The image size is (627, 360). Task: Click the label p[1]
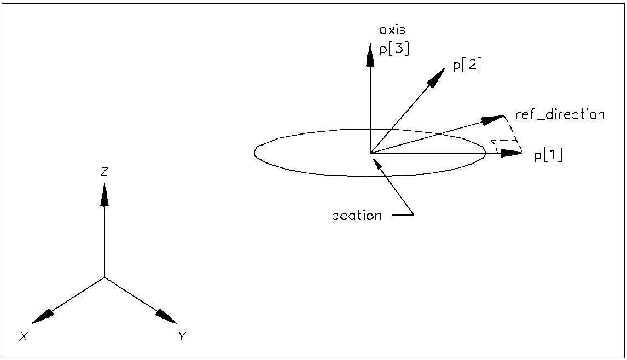pyautogui.click(x=548, y=155)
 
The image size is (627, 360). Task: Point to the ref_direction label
pyautogui.click(x=560, y=115)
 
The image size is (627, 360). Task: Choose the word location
pyautogui.click(x=354, y=216)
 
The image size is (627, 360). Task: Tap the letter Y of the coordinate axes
pyautogui.click(x=183, y=336)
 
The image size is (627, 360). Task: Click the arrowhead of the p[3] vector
pyautogui.click(x=370, y=53)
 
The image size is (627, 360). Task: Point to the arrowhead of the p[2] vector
pyautogui.click(x=436, y=78)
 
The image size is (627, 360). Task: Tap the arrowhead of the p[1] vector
pyautogui.click(x=512, y=153)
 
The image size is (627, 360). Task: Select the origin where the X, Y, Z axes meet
pyautogui.click(x=104, y=277)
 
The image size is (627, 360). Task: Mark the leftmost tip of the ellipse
pyautogui.click(x=255, y=152)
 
